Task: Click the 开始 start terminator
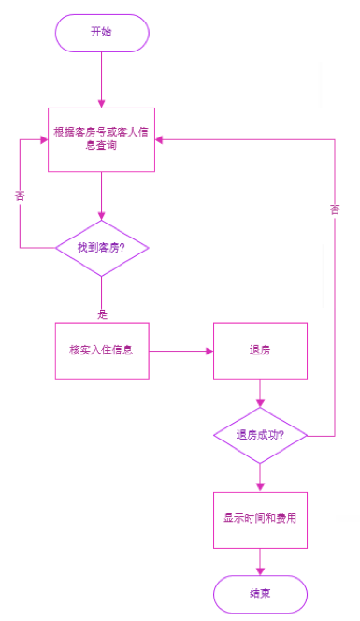[x=102, y=32]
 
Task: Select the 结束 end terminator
[x=260, y=593]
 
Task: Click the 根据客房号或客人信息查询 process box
[x=102, y=139]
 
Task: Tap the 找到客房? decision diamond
[x=102, y=248]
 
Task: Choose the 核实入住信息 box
[x=102, y=351]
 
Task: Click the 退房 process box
[x=260, y=351]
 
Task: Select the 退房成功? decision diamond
[x=260, y=435]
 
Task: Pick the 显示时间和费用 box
[x=260, y=518]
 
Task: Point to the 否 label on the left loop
[x=20, y=196]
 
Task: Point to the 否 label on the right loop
[x=334, y=210]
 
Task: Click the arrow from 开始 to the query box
[x=102, y=79]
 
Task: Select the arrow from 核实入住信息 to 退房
[x=180, y=352]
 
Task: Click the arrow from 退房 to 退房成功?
[x=260, y=393]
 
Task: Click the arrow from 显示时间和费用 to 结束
[x=260, y=560]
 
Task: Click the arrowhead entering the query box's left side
[x=43, y=139]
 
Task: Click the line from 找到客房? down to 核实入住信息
[x=102, y=298]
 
